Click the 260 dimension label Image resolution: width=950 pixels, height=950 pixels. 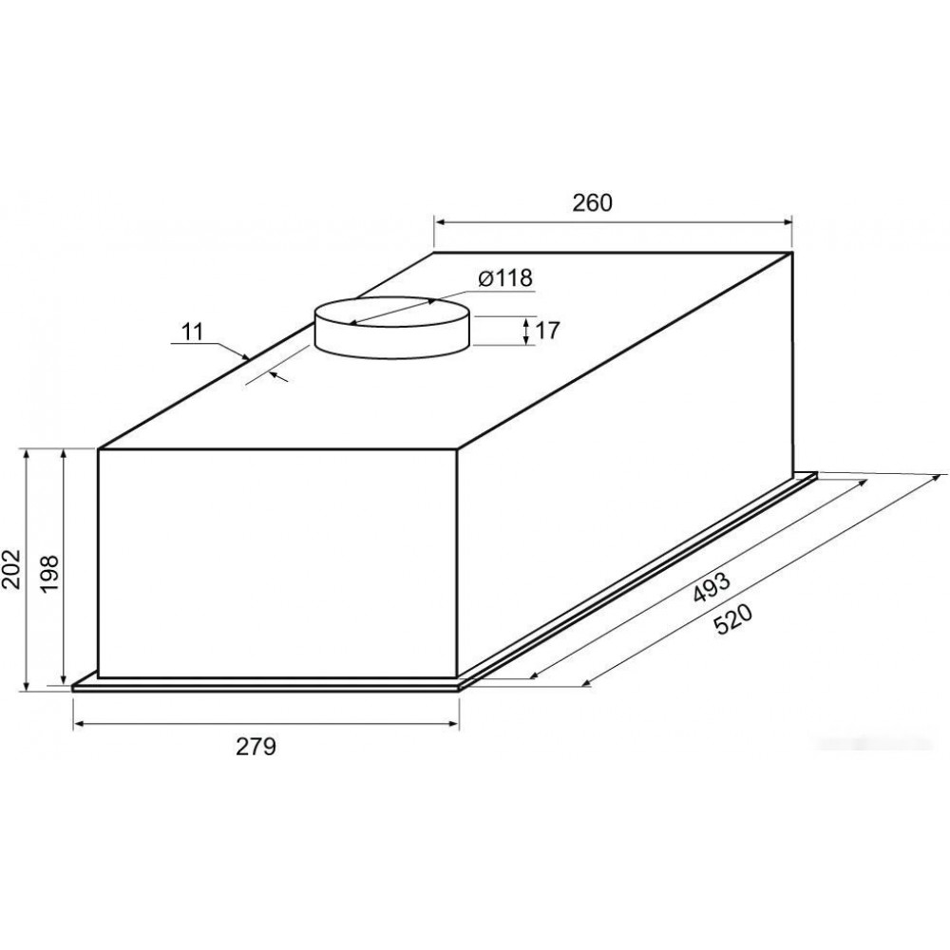pyautogui.click(x=593, y=203)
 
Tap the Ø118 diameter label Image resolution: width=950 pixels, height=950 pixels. pyautogui.click(x=505, y=278)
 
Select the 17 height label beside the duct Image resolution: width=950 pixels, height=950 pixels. pyautogui.click(x=547, y=331)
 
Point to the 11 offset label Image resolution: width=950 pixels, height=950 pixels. pyautogui.click(x=193, y=332)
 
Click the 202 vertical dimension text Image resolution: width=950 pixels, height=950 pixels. pyautogui.click(x=12, y=569)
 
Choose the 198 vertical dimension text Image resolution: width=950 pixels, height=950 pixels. pyautogui.click(x=49, y=573)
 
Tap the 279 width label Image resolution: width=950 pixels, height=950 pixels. pyautogui.click(x=256, y=747)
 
